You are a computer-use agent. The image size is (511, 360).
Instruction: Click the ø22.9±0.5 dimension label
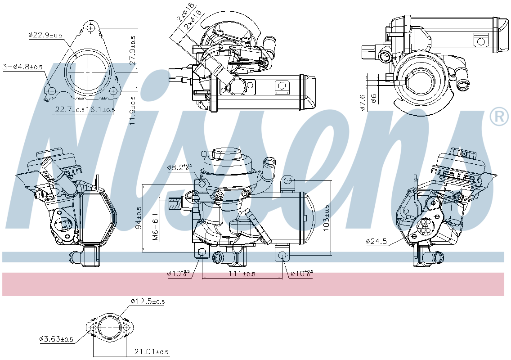click(x=45, y=35)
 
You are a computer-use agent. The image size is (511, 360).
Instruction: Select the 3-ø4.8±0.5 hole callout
click(x=22, y=67)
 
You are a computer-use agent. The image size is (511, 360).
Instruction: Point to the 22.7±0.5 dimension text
click(x=69, y=109)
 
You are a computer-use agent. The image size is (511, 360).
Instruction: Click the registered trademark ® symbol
click(x=498, y=117)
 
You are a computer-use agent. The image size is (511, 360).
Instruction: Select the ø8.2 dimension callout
click(x=179, y=167)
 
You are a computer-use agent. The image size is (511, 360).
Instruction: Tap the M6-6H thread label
click(x=155, y=227)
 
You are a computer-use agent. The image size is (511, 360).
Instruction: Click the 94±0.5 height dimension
click(x=139, y=217)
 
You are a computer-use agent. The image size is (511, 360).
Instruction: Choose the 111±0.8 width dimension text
click(x=242, y=274)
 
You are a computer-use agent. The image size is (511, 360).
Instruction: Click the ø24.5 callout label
click(x=376, y=241)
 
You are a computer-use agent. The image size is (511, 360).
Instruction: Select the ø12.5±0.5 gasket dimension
click(x=147, y=301)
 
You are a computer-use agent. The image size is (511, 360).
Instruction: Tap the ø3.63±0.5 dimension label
click(x=56, y=339)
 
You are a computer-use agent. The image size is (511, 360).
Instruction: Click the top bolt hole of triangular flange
click(x=92, y=28)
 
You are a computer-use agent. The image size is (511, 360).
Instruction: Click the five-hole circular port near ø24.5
click(x=425, y=225)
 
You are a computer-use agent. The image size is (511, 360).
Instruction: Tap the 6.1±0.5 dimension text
click(x=102, y=109)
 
